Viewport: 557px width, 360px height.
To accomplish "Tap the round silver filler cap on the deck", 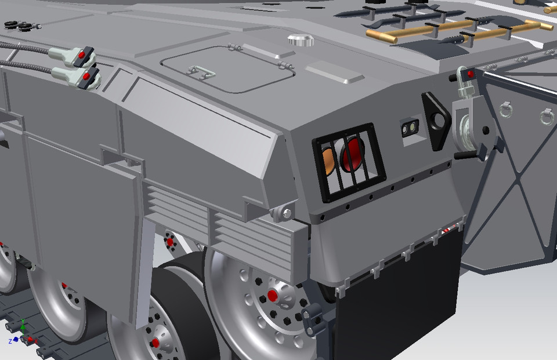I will pos(300,41).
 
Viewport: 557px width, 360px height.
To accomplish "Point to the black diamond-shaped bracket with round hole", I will pos(437,119).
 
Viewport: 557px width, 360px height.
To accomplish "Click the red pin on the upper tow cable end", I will pos(82,54).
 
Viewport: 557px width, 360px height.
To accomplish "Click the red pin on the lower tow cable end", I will pos(86,76).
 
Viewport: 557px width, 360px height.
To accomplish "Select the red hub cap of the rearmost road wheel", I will pos(272,296).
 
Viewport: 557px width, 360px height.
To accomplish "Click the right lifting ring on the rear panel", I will pos(546,115).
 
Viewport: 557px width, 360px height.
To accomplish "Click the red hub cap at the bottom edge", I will pos(155,343).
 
